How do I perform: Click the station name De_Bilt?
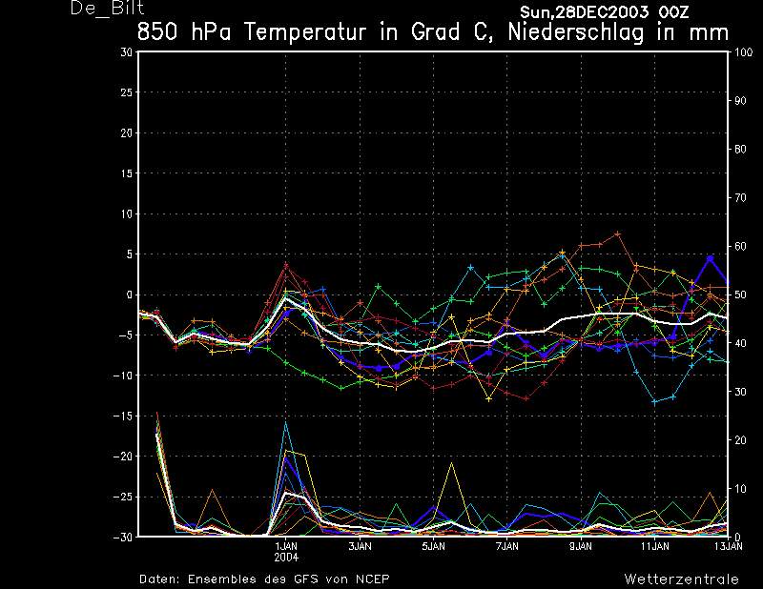pos(107,8)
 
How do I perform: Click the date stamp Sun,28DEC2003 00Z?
pos(604,11)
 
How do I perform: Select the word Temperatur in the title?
pos(304,32)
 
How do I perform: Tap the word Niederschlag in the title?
pos(576,32)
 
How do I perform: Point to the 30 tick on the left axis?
pos(127,51)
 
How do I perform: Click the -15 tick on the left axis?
pos(123,416)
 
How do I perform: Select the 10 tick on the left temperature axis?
pos(127,213)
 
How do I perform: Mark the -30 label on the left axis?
pos(123,537)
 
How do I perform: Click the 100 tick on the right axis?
pos(744,52)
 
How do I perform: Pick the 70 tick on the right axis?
pos(740,197)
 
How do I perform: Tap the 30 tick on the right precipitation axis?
pos(740,392)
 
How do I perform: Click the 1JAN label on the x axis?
pos(286,547)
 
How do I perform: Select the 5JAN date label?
pos(434,547)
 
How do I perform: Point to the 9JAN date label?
pos(581,547)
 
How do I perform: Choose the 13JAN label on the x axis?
pos(729,547)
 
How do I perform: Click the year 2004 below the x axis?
pos(286,558)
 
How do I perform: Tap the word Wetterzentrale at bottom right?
pos(681,579)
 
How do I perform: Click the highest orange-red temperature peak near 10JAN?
pos(617,234)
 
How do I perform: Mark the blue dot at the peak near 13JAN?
pos(710,258)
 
